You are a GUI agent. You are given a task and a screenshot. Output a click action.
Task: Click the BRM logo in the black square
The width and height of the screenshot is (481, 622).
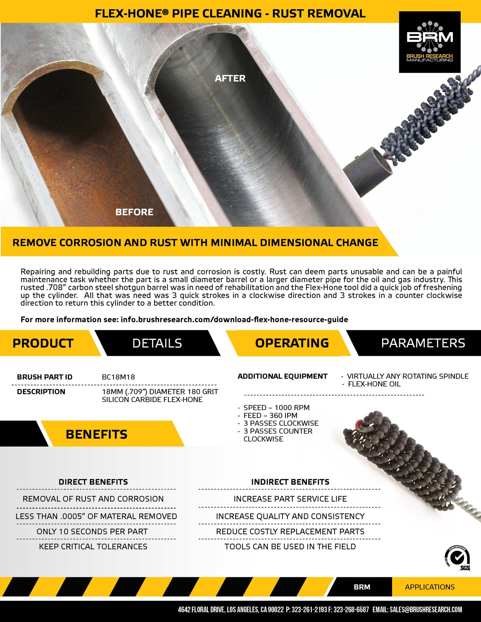(430, 42)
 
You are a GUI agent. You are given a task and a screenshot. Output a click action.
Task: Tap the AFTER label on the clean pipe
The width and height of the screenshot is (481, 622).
(230, 78)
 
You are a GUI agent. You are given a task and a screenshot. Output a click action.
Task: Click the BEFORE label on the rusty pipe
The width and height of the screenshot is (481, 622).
(134, 212)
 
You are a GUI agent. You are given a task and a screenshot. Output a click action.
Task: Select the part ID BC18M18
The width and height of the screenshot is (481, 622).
(118, 377)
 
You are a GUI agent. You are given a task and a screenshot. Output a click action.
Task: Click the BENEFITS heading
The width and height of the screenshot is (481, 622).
(97, 434)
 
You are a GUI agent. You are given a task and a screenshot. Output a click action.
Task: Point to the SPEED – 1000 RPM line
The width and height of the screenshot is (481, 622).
(276, 408)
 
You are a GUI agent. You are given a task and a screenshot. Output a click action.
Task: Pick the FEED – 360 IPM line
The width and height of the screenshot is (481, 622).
(270, 415)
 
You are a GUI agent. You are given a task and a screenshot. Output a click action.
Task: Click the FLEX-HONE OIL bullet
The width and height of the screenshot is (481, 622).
(374, 384)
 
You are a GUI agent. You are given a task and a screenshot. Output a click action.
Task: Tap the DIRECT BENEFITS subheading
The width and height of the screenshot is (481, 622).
(93, 482)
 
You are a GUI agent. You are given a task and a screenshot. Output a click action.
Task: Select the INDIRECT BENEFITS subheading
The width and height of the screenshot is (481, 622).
(290, 482)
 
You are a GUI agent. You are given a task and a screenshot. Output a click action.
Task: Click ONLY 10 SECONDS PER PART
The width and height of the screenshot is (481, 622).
(92, 531)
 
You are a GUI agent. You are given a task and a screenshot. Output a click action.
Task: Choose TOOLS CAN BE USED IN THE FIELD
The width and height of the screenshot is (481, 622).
(290, 547)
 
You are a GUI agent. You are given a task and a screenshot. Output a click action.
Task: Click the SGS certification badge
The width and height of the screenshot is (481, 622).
(457, 558)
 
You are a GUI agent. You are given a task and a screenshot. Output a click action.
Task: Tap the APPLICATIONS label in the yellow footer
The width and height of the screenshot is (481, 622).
(430, 587)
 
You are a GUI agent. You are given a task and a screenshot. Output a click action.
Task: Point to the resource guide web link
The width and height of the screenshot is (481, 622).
(234, 320)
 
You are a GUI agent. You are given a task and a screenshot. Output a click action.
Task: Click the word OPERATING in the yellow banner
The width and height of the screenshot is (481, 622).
(292, 343)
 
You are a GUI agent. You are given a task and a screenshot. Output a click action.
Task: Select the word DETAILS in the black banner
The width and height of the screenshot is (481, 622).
(157, 343)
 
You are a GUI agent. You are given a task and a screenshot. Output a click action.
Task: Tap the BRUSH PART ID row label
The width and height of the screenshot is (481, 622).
(45, 377)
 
